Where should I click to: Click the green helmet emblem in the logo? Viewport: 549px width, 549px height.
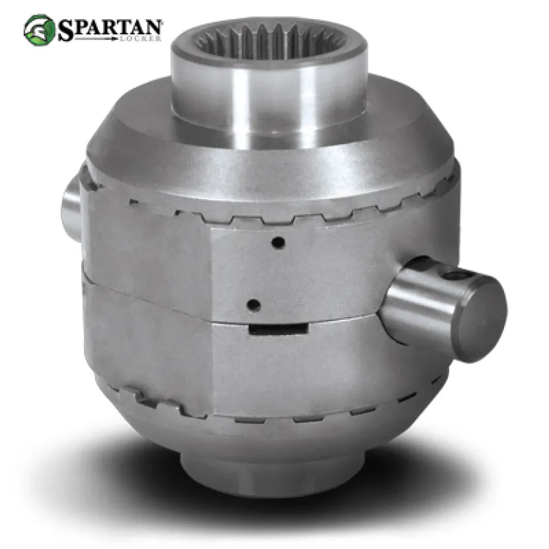click(39, 30)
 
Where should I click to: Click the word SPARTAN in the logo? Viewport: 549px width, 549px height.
click(110, 28)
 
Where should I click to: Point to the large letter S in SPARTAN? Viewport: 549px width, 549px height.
click(65, 30)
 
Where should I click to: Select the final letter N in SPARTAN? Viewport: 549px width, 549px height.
click(153, 26)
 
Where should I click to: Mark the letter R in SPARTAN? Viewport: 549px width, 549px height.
click(108, 27)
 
